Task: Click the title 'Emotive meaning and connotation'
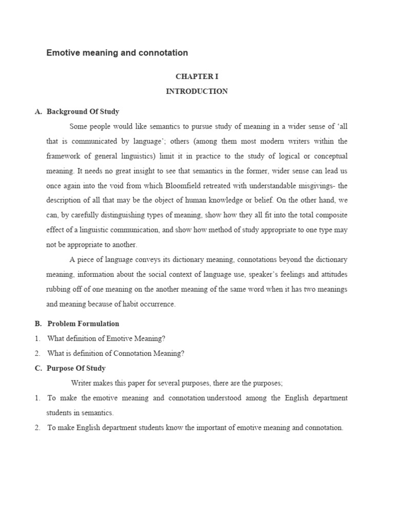117,53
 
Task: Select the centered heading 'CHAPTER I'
197,76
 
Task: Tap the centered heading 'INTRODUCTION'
197,91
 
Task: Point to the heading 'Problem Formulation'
83,324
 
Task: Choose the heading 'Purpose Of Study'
76,368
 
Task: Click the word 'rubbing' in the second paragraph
58,289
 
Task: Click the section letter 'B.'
38,324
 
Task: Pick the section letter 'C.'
38,368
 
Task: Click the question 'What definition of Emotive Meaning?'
107,338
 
